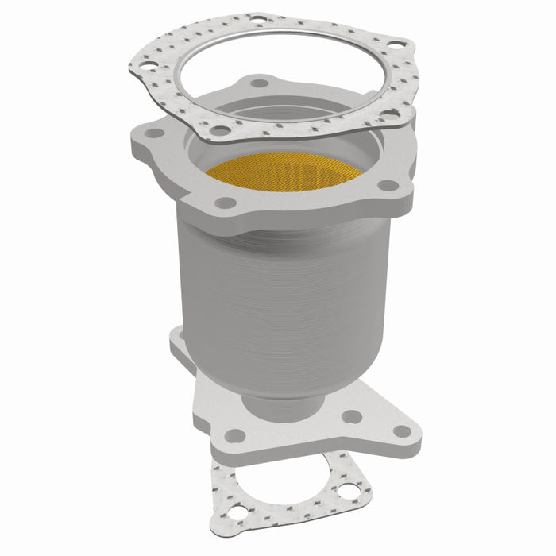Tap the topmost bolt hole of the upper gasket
(258, 18)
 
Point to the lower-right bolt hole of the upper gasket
(389, 116)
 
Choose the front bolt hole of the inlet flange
(226, 203)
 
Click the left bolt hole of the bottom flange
(235, 436)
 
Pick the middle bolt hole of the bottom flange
(352, 415)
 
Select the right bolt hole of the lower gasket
(349, 492)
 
